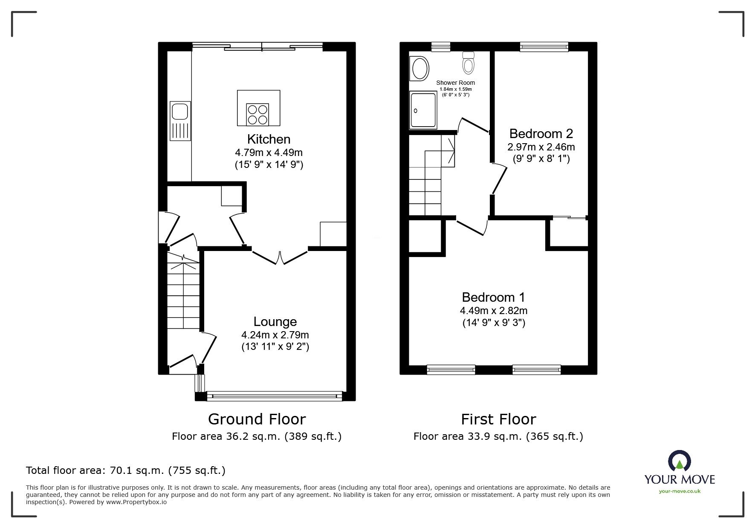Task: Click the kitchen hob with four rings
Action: (x=258, y=114)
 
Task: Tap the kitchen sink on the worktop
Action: (x=180, y=121)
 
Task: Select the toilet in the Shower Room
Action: (x=468, y=62)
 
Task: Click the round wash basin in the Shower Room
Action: (x=419, y=69)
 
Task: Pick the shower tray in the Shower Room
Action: (x=423, y=111)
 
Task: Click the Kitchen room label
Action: (x=269, y=139)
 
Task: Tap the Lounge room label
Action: (x=275, y=322)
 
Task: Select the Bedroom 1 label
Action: (x=494, y=297)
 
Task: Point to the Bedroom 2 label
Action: (x=541, y=134)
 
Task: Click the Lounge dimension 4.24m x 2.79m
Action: (x=275, y=335)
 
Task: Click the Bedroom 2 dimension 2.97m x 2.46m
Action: (x=541, y=147)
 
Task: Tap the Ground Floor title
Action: (x=257, y=419)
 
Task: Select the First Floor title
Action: (x=498, y=419)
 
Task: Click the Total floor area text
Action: (x=126, y=470)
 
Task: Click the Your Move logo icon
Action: (x=680, y=461)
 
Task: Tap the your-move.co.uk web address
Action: (x=680, y=491)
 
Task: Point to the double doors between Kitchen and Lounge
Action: (x=280, y=257)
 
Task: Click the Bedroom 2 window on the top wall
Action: (x=544, y=47)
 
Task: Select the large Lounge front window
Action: (x=274, y=396)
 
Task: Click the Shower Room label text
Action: (x=455, y=83)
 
